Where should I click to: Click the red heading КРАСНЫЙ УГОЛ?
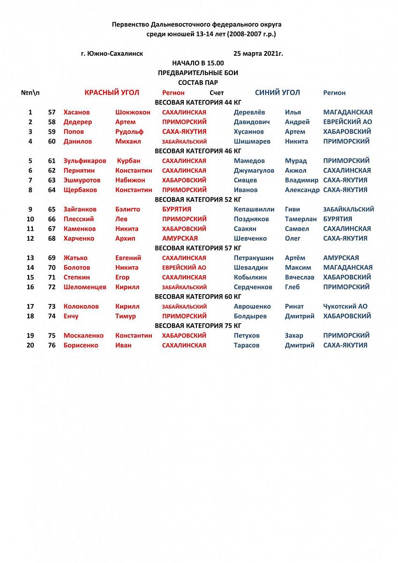click(112, 92)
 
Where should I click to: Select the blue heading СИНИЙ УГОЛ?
click(277, 92)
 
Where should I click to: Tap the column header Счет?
click(217, 93)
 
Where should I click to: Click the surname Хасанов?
click(76, 112)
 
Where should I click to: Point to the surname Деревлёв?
click(249, 112)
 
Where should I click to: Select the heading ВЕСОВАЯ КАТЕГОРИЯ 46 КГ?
click(198, 151)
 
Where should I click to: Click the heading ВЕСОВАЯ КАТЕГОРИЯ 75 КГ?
click(198, 326)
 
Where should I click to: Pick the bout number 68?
click(52, 238)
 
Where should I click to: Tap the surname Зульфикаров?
click(85, 160)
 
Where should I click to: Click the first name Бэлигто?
click(128, 209)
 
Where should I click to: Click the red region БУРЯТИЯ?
click(176, 209)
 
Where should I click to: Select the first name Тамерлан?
click(300, 219)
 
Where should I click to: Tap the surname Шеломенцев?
click(85, 287)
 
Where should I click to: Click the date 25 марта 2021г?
click(258, 53)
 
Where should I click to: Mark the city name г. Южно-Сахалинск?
click(112, 53)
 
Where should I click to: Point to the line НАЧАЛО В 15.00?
click(198, 63)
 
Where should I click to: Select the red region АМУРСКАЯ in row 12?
click(180, 238)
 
